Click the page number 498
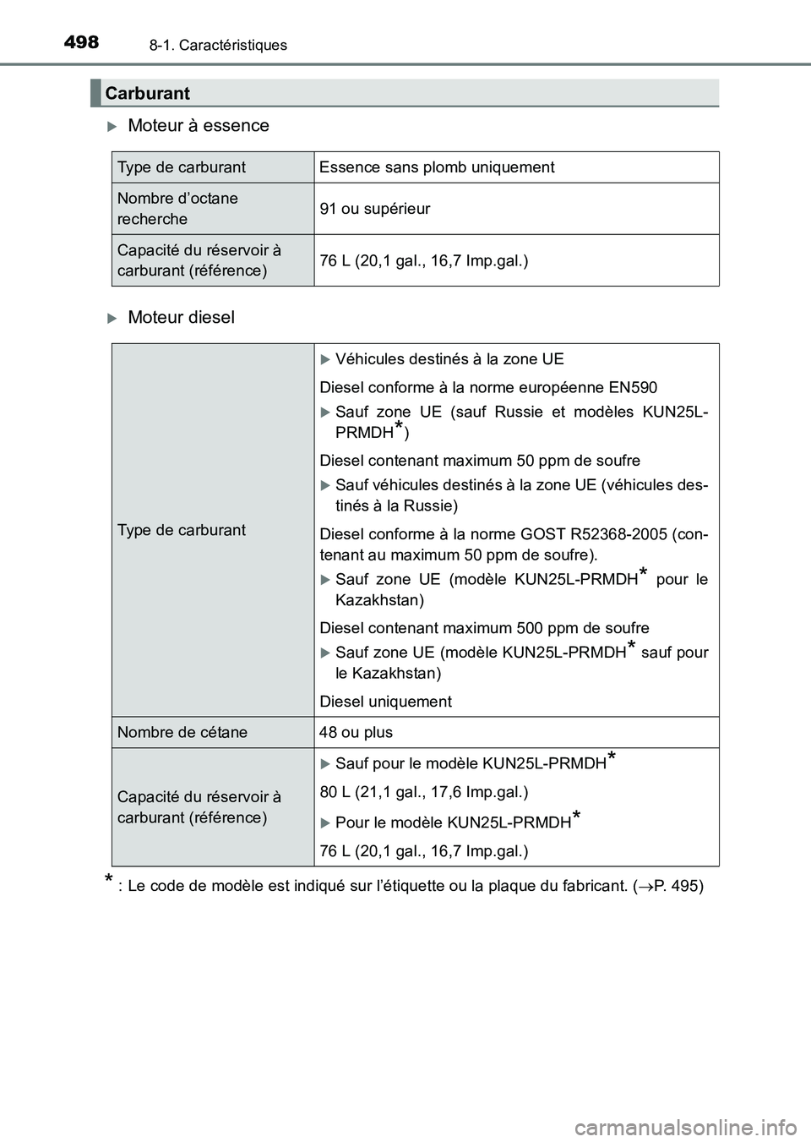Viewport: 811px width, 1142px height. coord(81,41)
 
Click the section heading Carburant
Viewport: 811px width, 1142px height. coord(148,93)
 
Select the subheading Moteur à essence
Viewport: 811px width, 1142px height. coord(198,126)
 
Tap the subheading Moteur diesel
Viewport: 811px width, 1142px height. coord(181,318)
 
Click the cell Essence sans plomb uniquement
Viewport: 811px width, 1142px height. coord(437,167)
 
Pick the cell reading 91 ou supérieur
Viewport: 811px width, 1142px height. coord(374,209)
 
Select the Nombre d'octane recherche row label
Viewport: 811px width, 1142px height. coord(177,209)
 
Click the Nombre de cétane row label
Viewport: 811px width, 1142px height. coord(182,733)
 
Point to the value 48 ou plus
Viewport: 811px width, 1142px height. coord(356,733)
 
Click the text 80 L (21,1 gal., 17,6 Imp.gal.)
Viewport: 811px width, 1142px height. coord(423,793)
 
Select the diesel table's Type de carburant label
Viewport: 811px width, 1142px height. coord(181,530)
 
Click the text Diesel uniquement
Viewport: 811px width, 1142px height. coord(385,702)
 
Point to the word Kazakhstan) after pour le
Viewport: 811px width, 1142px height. coord(379,600)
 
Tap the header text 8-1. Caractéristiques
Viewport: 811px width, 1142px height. coord(218,46)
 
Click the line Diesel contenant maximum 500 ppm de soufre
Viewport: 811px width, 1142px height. coord(484,628)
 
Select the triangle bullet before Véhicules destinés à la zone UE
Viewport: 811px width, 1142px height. coord(326,359)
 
